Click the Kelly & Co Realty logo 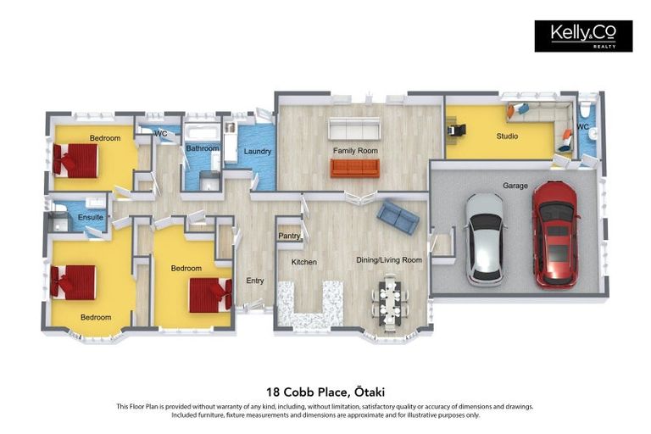click(x=583, y=36)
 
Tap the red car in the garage click(x=554, y=232)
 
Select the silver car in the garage click(x=486, y=238)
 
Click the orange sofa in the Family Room click(x=355, y=168)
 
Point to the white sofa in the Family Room click(x=355, y=129)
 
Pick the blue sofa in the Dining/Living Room click(x=398, y=216)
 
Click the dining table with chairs click(x=389, y=302)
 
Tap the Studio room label click(x=507, y=136)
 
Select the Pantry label click(x=289, y=236)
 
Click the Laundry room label click(x=257, y=152)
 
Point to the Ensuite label click(x=91, y=217)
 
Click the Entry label click(x=255, y=281)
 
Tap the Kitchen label click(x=303, y=262)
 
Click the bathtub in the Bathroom click(x=203, y=132)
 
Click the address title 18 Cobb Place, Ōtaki click(x=325, y=391)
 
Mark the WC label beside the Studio click(x=582, y=127)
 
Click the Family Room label click(x=355, y=151)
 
